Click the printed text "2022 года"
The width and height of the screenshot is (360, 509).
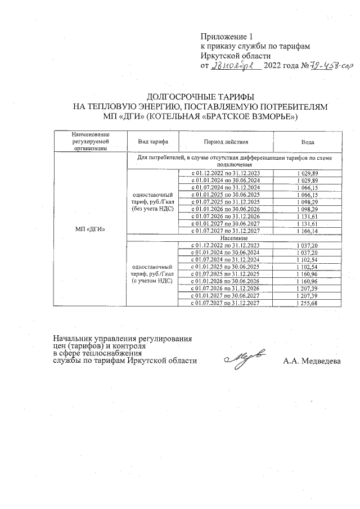(283, 66)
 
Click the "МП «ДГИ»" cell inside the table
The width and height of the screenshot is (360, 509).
(90, 229)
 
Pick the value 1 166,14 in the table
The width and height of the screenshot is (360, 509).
(307, 231)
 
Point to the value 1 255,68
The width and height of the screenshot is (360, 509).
(307, 303)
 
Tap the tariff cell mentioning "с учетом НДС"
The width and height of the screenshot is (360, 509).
(152, 273)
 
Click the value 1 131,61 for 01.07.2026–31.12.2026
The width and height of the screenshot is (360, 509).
(307, 217)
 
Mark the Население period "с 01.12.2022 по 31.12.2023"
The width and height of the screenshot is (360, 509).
(226, 245)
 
